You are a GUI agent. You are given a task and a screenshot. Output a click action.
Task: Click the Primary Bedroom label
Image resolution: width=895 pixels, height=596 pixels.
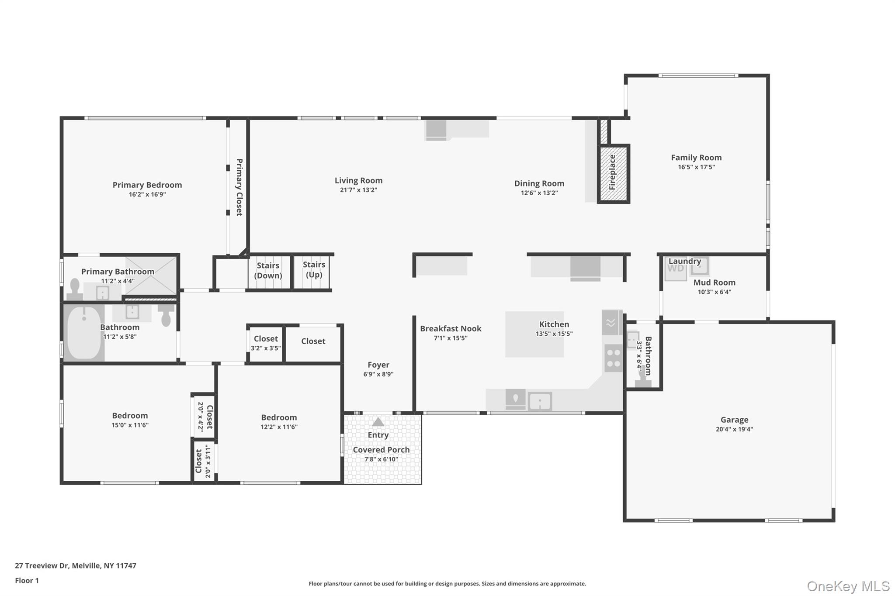tap(147, 185)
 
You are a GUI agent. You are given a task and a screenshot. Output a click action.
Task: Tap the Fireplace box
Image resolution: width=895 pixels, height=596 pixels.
tap(613, 173)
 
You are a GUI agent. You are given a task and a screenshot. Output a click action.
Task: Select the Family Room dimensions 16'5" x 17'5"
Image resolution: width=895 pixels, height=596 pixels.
tap(696, 167)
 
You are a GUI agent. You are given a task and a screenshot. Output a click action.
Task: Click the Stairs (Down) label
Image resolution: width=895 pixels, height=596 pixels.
tap(268, 270)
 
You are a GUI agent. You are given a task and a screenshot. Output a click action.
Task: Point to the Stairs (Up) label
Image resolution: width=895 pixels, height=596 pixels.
tap(314, 269)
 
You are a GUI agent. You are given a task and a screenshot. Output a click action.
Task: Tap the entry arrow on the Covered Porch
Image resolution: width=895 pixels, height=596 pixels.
tap(378, 422)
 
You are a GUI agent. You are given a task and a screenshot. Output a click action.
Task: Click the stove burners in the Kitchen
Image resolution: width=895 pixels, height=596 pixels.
tap(613, 358)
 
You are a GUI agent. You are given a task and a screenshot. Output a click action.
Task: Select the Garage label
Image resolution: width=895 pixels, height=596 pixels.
tap(734, 420)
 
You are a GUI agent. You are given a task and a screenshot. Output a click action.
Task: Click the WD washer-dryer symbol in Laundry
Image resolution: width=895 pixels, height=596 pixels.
tap(676, 269)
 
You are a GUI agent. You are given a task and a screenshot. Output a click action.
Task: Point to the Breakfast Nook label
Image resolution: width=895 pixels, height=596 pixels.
tap(451, 328)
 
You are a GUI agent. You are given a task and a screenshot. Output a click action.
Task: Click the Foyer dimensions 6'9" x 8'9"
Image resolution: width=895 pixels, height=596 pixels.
tap(378, 374)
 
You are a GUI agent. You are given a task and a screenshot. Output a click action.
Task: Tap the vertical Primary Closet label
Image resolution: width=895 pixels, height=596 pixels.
tap(239, 187)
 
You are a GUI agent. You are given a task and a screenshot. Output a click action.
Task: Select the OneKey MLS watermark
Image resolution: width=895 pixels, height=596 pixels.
tap(848, 586)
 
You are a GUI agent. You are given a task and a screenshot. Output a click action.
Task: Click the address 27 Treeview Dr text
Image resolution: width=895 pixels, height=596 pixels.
tap(42, 565)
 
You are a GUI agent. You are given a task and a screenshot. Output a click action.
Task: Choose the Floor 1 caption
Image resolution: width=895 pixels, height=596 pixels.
tap(27, 580)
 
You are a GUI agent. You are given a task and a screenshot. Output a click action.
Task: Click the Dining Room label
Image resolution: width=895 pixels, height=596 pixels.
tap(539, 183)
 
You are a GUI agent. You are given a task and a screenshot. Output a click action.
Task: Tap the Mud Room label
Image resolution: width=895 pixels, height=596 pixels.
tap(714, 282)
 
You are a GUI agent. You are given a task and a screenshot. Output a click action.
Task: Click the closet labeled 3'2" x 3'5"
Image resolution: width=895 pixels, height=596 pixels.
tap(266, 344)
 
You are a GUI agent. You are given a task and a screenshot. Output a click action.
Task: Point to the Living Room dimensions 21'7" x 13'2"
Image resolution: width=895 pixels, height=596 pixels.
tap(358, 190)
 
